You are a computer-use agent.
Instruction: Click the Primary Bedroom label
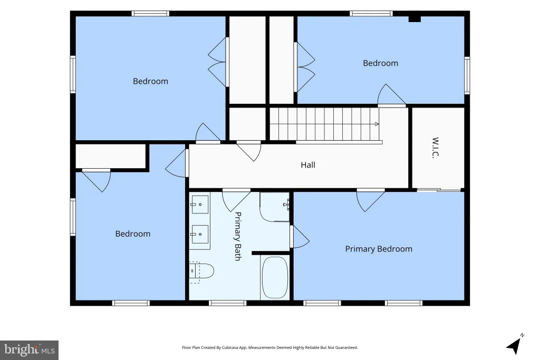coord(379,249)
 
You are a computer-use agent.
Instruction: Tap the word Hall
coord(308,165)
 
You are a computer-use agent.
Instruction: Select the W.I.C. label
coord(435,148)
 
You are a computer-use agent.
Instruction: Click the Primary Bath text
coord(238,236)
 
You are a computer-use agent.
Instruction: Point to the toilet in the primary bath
coord(201,271)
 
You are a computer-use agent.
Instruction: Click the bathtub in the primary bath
coord(275,277)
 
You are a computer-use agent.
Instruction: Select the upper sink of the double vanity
coord(200,205)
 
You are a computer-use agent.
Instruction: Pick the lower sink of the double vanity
coord(200,234)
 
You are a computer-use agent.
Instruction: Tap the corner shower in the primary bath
coord(274,207)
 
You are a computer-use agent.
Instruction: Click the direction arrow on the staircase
coord(377,124)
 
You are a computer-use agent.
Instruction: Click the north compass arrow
coord(514,345)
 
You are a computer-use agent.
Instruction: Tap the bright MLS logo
coord(30,350)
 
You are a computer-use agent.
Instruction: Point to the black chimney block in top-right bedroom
coord(414,18)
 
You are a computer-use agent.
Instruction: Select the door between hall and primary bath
coord(236,200)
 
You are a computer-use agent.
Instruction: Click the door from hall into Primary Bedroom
coord(371,200)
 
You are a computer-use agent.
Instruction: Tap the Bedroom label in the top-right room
coord(381,63)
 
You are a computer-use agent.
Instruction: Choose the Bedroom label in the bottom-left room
coord(132,234)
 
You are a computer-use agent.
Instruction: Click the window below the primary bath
coord(227,303)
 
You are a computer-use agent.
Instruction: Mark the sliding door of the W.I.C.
coord(439,190)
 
